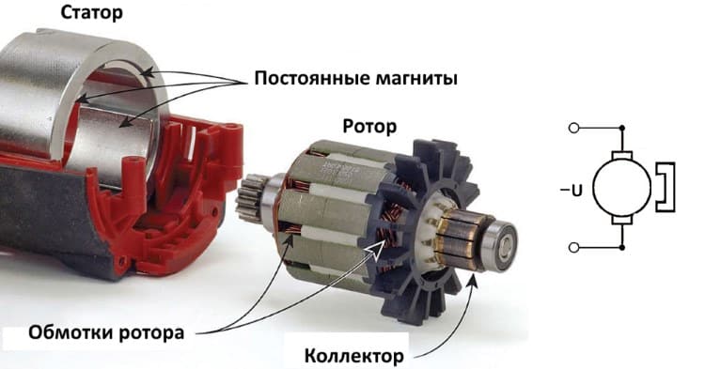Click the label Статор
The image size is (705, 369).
92,13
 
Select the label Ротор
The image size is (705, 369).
369,127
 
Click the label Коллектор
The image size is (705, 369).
354,356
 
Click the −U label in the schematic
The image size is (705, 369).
572,191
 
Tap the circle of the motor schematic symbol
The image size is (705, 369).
622,188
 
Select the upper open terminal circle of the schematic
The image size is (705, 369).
573,128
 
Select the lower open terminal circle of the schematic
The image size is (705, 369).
573,247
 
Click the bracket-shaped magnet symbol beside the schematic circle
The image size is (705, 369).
666,187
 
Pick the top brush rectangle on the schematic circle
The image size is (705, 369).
622,155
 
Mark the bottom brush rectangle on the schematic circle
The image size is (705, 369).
622,221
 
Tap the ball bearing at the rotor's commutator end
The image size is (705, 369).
500,244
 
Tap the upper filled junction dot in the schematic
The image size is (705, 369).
622,128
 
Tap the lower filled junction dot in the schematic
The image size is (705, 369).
622,247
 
